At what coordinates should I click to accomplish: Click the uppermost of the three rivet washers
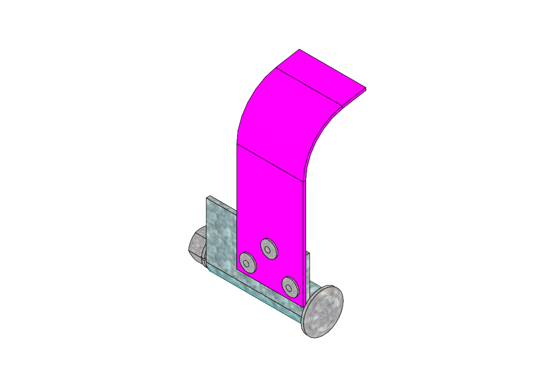tap(269, 248)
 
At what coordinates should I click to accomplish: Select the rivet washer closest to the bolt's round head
tap(290, 287)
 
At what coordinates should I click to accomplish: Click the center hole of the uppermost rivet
tap(267, 249)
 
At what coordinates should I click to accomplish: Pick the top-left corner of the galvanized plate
tap(208, 197)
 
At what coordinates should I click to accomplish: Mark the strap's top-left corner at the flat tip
tap(299, 50)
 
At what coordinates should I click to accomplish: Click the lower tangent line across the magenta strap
tap(271, 162)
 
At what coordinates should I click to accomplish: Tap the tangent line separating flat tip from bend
tap(309, 87)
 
